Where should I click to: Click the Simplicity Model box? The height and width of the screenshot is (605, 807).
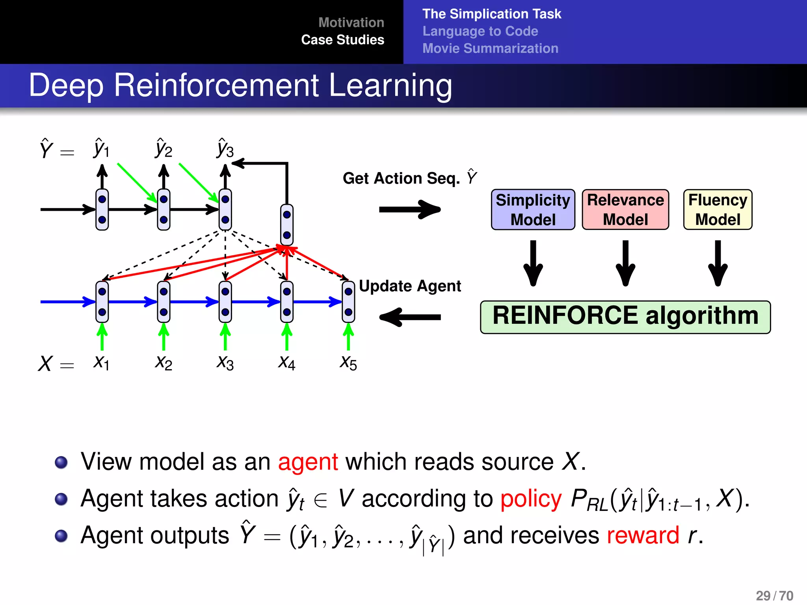[533, 210]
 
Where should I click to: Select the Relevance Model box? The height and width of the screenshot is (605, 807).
[625, 210]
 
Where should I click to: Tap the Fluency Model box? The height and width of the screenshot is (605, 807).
[718, 210]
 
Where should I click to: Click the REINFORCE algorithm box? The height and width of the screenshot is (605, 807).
[625, 317]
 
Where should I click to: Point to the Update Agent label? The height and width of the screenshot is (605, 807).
[410, 286]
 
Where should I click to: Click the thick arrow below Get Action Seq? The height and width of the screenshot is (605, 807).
[410, 209]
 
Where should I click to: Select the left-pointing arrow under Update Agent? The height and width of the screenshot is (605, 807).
[410, 317]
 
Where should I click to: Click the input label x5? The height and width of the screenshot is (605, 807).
[348, 362]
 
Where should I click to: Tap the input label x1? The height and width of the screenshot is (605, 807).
[101, 362]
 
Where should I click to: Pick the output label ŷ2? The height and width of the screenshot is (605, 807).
[164, 149]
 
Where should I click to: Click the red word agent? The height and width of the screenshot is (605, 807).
[308, 462]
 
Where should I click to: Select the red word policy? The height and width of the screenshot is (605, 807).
[531, 499]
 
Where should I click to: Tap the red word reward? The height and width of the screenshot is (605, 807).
[643, 536]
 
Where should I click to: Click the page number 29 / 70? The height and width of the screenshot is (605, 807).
[774, 596]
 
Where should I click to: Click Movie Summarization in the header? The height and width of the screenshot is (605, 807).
[490, 48]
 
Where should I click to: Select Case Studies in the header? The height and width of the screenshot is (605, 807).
[342, 40]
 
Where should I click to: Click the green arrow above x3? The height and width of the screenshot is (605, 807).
[225, 337]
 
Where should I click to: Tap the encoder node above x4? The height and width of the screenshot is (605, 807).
[287, 302]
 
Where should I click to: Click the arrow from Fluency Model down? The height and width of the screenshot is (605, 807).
[718, 263]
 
